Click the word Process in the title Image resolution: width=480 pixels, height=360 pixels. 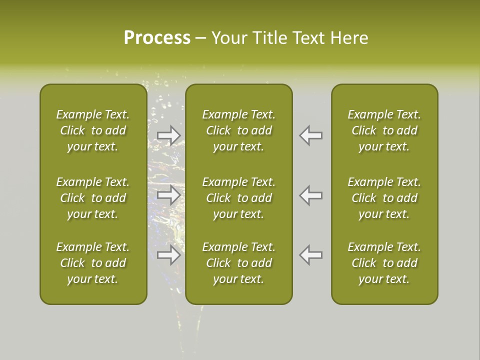[157, 38]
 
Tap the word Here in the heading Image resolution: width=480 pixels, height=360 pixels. [349, 38]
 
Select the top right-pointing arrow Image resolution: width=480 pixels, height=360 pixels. [169, 135]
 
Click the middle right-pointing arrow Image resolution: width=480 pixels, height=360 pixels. [169, 195]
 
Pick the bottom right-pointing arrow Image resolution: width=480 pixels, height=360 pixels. [169, 255]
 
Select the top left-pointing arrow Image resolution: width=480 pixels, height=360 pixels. [311, 135]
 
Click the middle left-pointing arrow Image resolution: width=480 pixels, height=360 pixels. [311, 195]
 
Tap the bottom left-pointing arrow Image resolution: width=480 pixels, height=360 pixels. [311, 255]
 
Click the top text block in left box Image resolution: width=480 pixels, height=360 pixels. [93, 130]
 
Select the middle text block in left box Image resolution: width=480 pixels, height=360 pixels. [93, 198]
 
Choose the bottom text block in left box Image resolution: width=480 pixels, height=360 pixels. [93, 263]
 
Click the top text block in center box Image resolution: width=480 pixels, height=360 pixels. [238, 130]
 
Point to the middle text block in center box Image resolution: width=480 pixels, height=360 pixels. [238, 198]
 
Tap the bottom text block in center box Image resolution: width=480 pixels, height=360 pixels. [238, 263]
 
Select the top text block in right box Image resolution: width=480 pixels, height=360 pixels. [384, 130]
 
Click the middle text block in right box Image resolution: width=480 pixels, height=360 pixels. [384, 198]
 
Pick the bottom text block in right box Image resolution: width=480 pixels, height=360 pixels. [384, 263]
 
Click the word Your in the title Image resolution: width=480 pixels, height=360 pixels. [228, 38]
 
